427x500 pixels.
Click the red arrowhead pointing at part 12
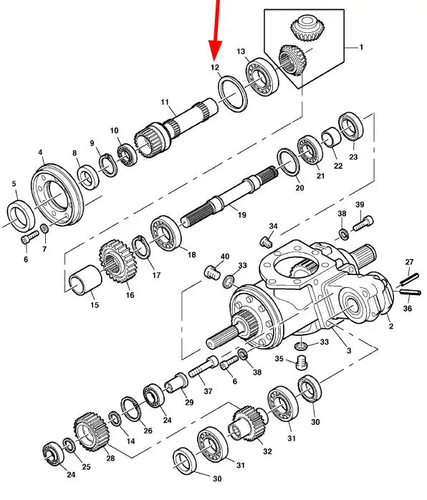(x=215, y=50)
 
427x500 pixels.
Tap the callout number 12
(x=215, y=67)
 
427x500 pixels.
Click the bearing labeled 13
(x=262, y=76)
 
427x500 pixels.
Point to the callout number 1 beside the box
(x=361, y=47)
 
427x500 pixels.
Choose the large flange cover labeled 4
(x=57, y=195)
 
